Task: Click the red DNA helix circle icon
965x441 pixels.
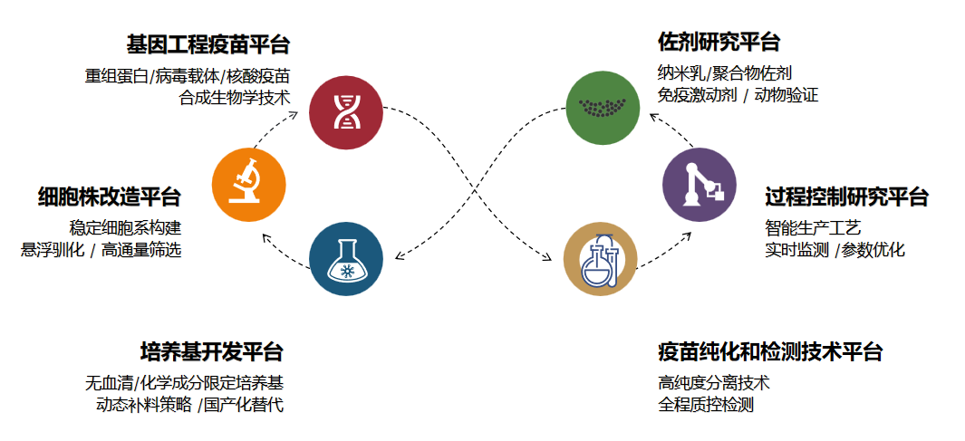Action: (345, 111)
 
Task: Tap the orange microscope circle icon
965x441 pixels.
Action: (248, 185)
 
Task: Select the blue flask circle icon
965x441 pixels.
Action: (345, 259)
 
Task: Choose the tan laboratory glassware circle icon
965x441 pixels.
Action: (600, 258)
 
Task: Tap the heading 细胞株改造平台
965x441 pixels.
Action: (109, 197)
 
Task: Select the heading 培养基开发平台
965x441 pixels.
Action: (211, 351)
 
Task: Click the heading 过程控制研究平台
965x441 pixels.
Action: (846, 197)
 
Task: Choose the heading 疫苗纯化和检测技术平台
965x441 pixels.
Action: (769, 351)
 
